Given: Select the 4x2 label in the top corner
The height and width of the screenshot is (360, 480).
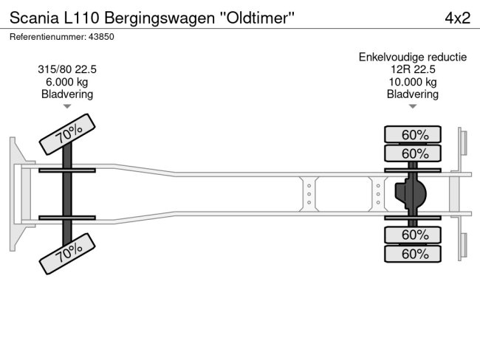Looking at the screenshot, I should [x=457, y=18].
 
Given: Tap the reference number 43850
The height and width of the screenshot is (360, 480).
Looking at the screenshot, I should [x=102, y=36].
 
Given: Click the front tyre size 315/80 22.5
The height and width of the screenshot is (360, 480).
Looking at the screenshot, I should [x=66, y=69].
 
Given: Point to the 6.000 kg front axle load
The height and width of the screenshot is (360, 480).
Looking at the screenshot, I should [x=66, y=82].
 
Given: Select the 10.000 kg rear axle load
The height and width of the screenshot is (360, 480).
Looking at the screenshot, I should [x=413, y=82].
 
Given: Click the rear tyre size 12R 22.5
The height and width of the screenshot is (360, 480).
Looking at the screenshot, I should [x=413, y=69].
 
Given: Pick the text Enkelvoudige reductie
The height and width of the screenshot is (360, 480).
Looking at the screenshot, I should [x=413, y=57].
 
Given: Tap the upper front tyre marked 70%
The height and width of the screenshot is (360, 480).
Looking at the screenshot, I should [x=69, y=134].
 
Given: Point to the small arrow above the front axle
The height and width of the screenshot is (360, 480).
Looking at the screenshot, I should [x=66, y=107].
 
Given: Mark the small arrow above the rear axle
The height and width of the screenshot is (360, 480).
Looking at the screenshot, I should [x=413, y=107].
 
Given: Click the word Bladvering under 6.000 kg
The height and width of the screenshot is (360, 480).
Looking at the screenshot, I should [x=66, y=94].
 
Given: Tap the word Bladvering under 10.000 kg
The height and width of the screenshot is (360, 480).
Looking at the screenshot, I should [x=413, y=94].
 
